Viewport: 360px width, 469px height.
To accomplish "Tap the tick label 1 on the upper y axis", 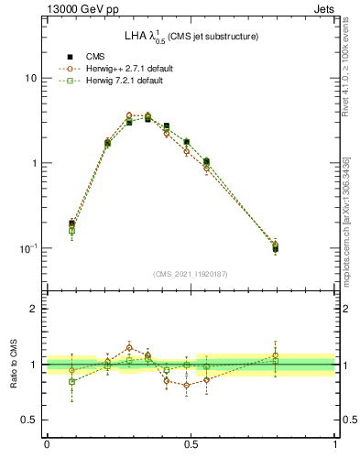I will click(x=34, y=163).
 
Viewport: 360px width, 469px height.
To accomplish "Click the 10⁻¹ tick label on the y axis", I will click(x=28, y=248).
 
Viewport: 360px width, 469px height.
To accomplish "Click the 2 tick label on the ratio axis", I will click(x=34, y=309).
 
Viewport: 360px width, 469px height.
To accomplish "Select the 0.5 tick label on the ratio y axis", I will click(x=29, y=420).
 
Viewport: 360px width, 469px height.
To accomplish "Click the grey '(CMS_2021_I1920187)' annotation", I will click(x=191, y=273).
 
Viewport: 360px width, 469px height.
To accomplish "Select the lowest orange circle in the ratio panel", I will click(x=187, y=385).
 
